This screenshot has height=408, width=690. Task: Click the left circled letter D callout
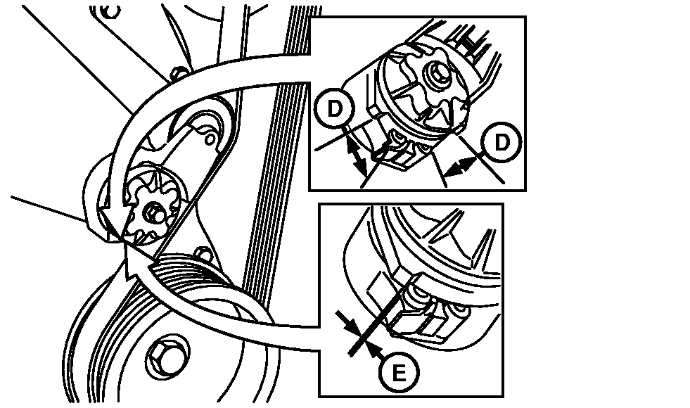tap(334, 108)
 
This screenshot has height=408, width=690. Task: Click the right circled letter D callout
tap(501, 142)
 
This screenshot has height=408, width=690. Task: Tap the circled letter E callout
tap(399, 374)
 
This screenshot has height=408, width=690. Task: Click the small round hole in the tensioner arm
tap(211, 139)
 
